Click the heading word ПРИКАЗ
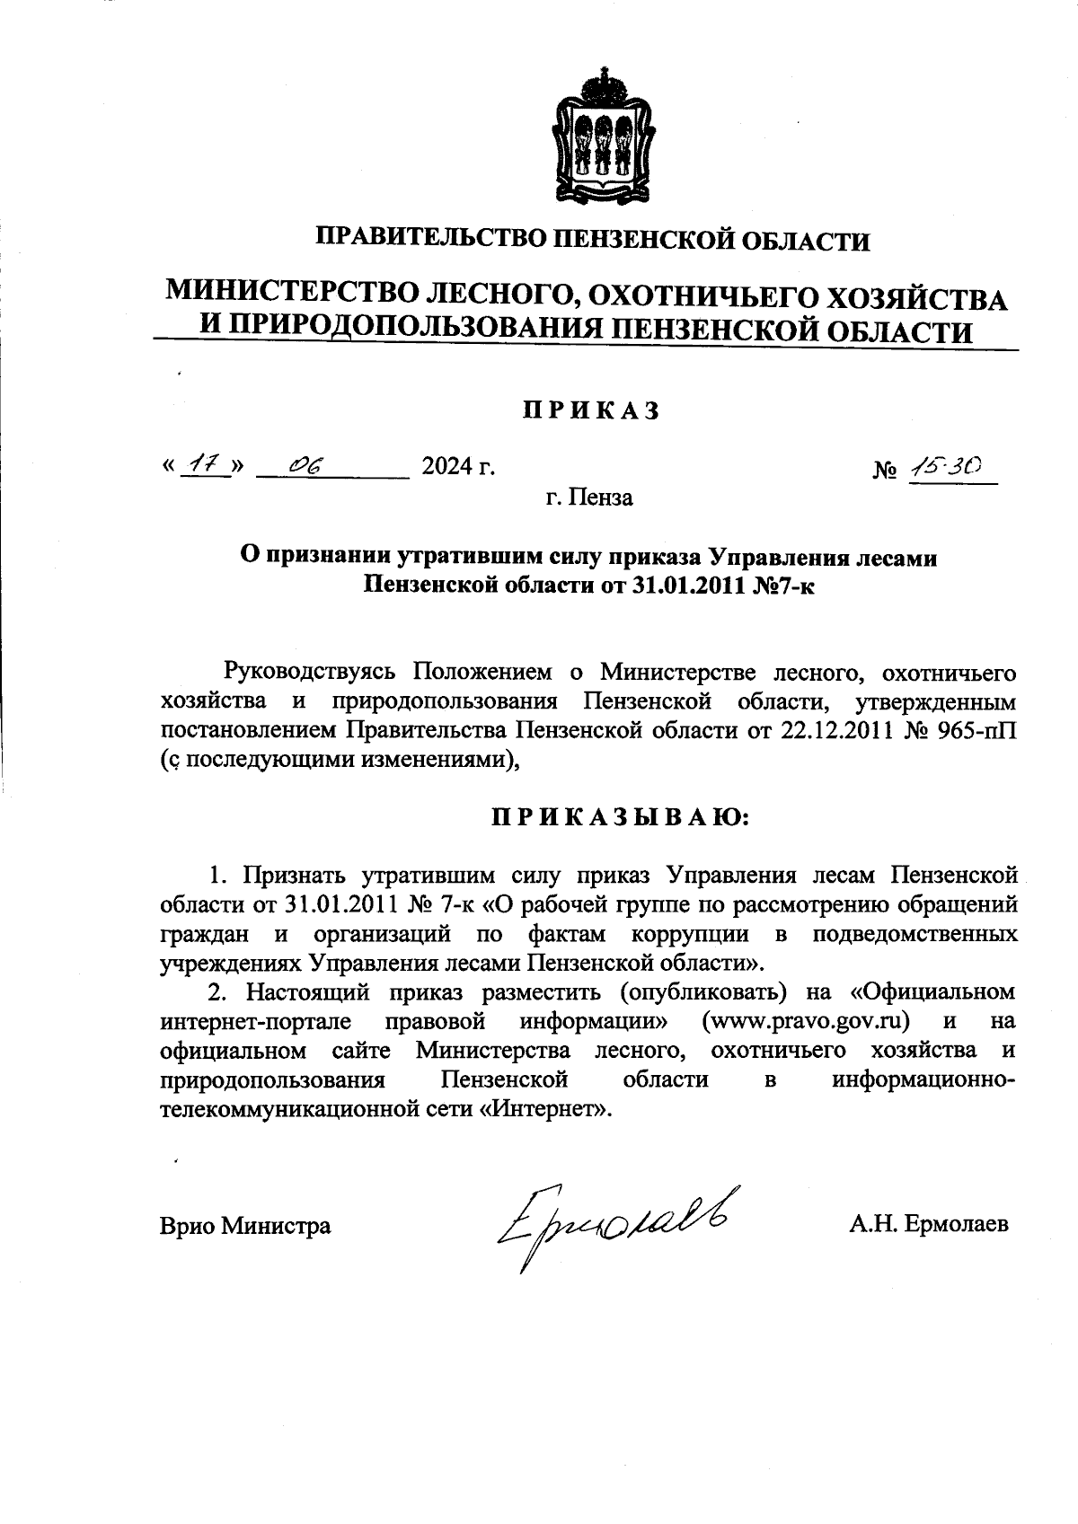coord(592,410)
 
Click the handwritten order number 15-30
coord(946,465)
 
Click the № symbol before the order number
coord(885,470)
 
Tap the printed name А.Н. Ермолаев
coord(928,1224)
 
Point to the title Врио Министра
coord(245,1225)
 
